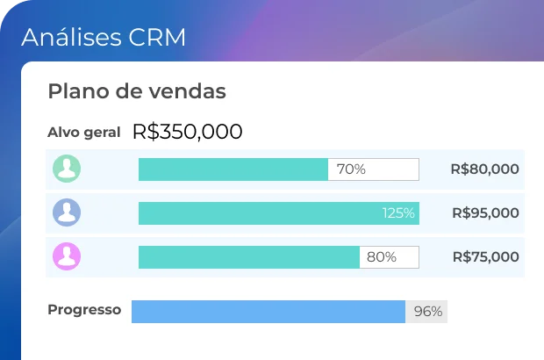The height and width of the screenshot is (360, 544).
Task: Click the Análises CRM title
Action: click(104, 38)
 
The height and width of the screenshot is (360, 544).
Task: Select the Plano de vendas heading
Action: click(137, 91)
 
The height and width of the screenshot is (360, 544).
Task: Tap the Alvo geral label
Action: click(83, 133)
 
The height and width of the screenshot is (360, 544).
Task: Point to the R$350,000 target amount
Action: click(187, 132)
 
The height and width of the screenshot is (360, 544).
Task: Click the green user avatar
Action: click(67, 169)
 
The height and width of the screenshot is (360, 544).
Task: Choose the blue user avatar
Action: click(67, 212)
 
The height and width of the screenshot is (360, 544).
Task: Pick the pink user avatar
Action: click(67, 256)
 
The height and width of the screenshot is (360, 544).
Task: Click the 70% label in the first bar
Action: click(351, 169)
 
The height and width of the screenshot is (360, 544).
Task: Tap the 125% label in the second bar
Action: click(397, 213)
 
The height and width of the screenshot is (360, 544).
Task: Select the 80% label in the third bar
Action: click(381, 257)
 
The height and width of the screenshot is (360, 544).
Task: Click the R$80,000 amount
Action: click(484, 169)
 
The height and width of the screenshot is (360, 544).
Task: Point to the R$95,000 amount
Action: click(485, 213)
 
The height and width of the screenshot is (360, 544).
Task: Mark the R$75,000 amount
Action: click(485, 257)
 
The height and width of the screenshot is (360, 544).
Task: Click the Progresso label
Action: click(84, 310)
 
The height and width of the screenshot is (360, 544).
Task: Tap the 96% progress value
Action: click(427, 312)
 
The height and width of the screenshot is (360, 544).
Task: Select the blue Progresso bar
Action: click(268, 312)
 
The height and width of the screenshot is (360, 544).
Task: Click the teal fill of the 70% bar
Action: click(233, 169)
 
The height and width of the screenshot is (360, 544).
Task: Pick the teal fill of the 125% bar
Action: click(259, 213)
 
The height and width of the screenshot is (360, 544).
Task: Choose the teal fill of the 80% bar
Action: click(248, 257)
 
